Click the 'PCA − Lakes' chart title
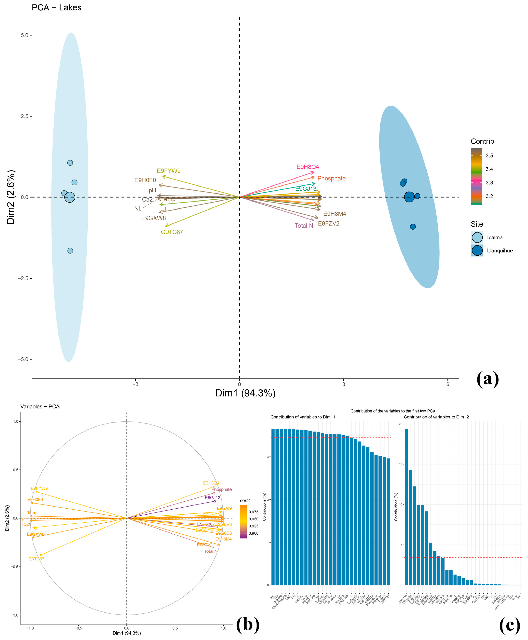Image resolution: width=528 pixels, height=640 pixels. pyautogui.click(x=57, y=8)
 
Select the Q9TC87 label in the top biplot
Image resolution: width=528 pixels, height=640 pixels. pyautogui.click(x=172, y=232)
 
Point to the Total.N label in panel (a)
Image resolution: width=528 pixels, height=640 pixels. pyautogui.click(x=304, y=226)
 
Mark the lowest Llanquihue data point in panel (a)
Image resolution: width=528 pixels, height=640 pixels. pyautogui.click(x=413, y=227)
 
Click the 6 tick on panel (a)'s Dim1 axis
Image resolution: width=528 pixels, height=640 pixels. pyautogui.click(x=448, y=384)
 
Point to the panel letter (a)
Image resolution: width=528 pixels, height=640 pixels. pyautogui.click(x=488, y=379)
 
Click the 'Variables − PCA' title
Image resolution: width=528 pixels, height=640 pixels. pyautogui.click(x=40, y=406)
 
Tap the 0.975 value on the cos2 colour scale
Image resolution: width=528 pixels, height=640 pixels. pyautogui.click(x=253, y=512)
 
